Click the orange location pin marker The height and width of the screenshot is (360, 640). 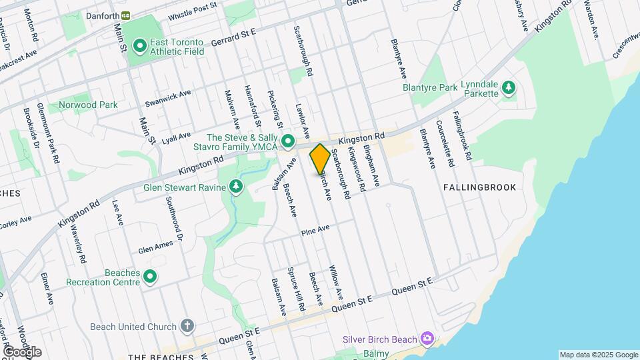(x=320, y=159)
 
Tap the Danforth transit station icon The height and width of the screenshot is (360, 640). (x=125, y=15)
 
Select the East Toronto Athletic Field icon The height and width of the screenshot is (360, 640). (x=140, y=46)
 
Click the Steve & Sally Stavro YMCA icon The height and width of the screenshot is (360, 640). (x=288, y=141)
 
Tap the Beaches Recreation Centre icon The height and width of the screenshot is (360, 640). (x=151, y=275)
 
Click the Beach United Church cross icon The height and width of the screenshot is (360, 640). (x=188, y=326)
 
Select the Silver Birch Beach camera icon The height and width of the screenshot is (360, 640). (x=427, y=339)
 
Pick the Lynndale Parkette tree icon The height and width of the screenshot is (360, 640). (x=509, y=87)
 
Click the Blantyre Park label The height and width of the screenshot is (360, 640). (x=430, y=87)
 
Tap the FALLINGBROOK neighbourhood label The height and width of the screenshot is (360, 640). (x=480, y=187)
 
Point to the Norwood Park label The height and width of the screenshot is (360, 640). (x=88, y=105)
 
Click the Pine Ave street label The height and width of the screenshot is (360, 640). (x=315, y=230)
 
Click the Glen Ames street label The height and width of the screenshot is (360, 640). (x=155, y=247)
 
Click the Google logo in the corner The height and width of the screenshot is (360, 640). (x=22, y=352)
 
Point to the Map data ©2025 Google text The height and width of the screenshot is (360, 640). (x=598, y=355)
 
